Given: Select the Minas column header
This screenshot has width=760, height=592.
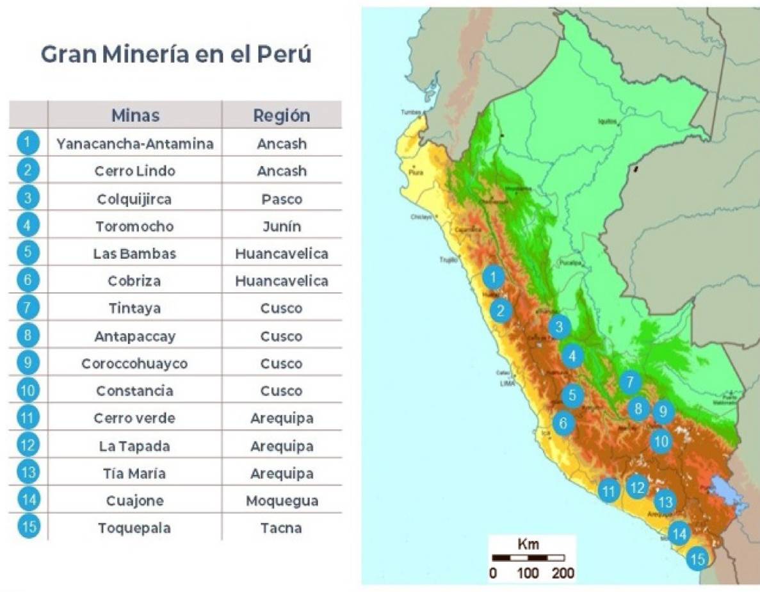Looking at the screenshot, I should coord(135,115).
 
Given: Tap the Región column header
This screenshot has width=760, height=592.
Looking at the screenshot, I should coord(281,115).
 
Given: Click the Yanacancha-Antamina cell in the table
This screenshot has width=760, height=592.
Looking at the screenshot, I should coord(135,144).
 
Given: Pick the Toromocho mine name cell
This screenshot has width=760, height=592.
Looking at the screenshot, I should coord(135,226).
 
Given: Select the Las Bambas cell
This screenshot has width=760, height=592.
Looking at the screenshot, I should coord(135,254).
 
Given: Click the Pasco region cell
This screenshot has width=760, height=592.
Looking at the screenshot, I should coord(281,199).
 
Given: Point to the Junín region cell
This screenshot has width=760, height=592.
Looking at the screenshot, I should coord(281,226).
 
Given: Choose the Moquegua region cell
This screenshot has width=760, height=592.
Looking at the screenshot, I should coord(281,500).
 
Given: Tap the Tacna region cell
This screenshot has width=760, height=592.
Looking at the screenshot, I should coord(281,528).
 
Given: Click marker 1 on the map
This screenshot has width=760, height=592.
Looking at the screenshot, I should coord(493,277).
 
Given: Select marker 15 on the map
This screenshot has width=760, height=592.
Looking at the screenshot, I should coord(697,559).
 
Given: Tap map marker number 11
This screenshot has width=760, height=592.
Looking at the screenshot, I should coord(608,491).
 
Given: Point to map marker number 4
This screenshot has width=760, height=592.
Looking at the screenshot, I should coord(572,356).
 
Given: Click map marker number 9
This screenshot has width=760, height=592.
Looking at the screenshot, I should coord(663,411).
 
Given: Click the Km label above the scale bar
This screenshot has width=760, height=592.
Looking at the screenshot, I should coord(528,545).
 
